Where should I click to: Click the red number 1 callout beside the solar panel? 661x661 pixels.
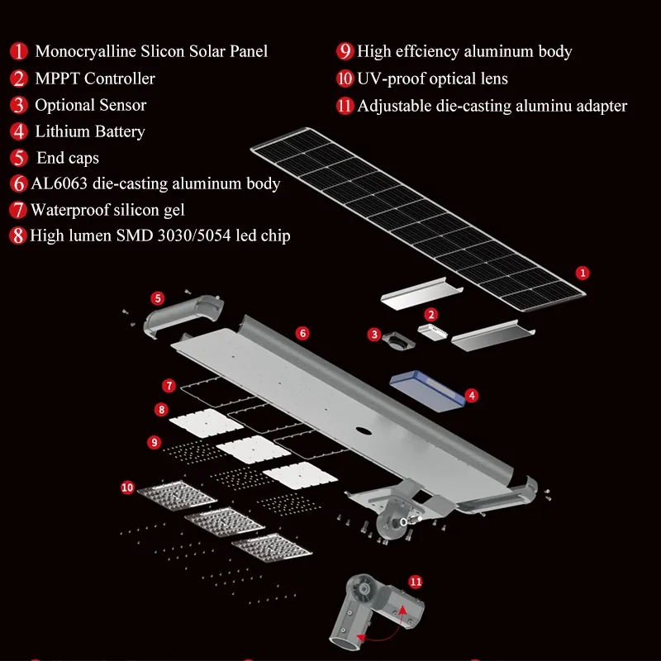[x=583, y=272]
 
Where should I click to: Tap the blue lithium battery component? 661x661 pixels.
[x=426, y=389]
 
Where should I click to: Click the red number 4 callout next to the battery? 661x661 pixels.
[x=472, y=396]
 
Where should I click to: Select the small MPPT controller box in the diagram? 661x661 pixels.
[x=430, y=331]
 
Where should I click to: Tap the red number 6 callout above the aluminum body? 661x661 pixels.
[x=303, y=333]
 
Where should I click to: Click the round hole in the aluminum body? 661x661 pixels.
[x=362, y=430]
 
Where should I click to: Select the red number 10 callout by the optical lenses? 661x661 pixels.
[x=127, y=487]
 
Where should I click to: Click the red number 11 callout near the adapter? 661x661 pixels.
[x=416, y=582]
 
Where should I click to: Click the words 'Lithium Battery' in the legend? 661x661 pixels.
[x=90, y=131]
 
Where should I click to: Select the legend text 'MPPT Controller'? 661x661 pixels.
[x=95, y=78]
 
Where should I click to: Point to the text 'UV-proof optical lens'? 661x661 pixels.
[x=432, y=78]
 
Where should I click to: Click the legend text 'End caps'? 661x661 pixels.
[x=68, y=158]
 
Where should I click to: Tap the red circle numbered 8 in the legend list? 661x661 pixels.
[x=18, y=235]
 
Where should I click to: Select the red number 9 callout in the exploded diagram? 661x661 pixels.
[x=155, y=442]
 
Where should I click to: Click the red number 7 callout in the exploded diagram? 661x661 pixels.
[x=169, y=386]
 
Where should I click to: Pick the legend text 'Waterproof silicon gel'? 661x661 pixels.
[x=107, y=209]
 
